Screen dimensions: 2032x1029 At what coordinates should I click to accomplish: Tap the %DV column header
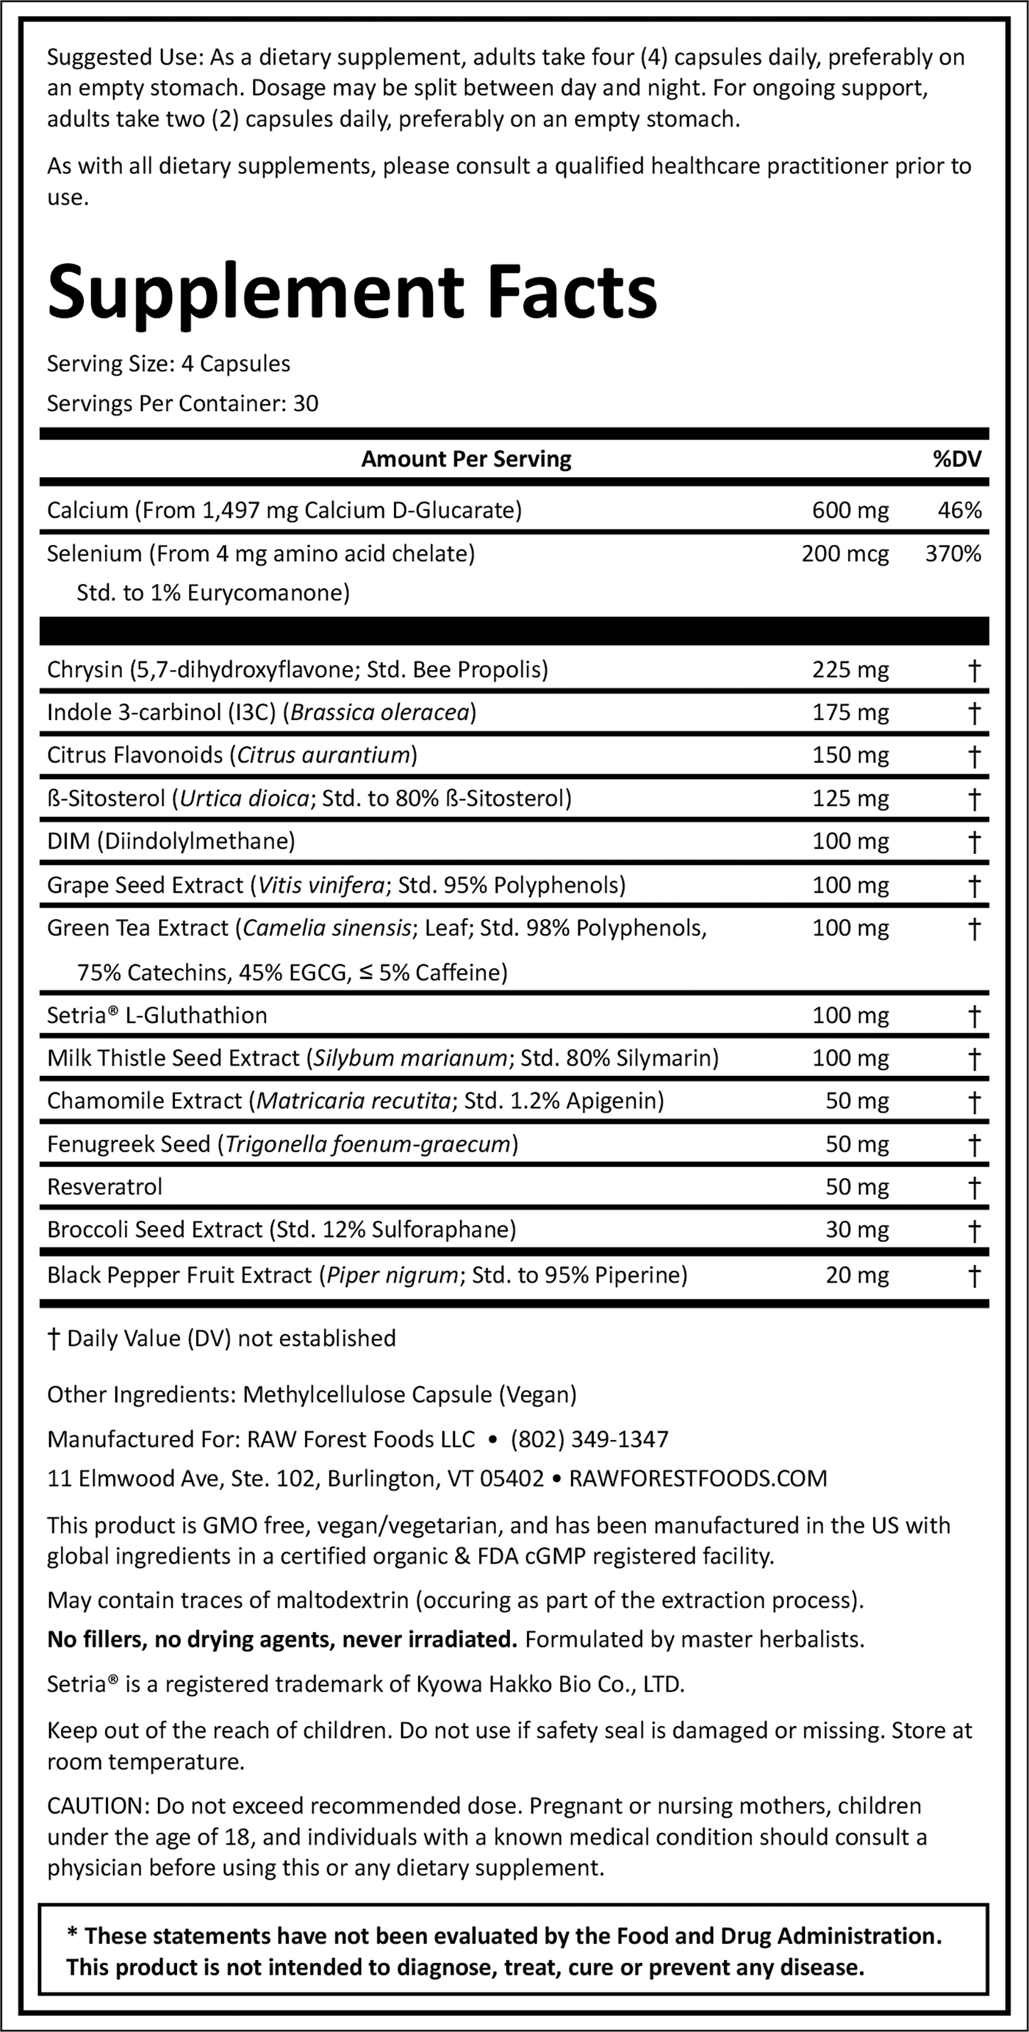click(957, 459)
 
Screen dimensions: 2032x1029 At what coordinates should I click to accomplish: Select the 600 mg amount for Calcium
click(850, 510)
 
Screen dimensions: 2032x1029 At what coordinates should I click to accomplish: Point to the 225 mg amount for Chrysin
click(850, 670)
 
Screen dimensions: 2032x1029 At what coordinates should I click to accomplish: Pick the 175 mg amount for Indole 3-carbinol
click(850, 712)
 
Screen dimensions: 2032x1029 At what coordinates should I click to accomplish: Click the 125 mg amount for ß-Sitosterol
click(850, 798)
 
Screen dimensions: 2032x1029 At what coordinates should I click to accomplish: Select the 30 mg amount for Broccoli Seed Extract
click(856, 1229)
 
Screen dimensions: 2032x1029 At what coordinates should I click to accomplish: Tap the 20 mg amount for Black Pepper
click(856, 1275)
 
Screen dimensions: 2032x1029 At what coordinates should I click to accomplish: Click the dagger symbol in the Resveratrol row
click(974, 1187)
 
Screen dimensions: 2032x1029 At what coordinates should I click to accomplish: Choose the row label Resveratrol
click(105, 1186)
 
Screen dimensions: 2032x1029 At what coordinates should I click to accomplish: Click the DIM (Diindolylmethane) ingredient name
click(171, 841)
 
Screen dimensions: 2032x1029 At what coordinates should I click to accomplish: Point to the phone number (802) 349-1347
click(589, 1439)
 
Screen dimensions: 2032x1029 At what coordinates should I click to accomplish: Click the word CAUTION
click(98, 1806)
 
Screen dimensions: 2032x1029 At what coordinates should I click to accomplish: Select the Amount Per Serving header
click(466, 459)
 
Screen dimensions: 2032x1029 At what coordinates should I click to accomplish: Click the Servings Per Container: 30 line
click(183, 404)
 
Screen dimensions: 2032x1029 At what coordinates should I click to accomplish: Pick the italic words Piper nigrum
click(392, 1275)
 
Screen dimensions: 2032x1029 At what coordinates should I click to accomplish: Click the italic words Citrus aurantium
click(324, 755)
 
